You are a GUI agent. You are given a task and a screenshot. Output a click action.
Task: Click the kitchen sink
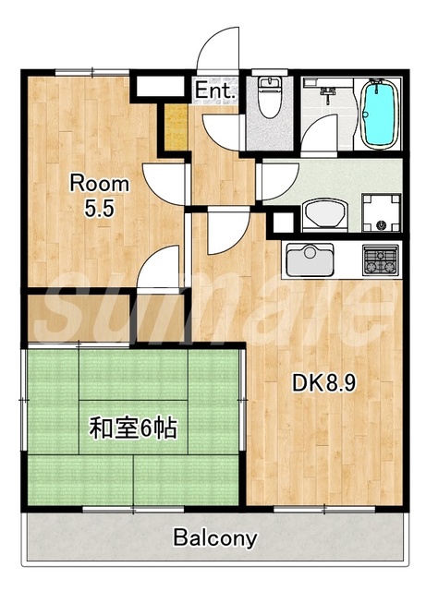[x=309, y=259]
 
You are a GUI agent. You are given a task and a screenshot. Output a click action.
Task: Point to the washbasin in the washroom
[x=323, y=214]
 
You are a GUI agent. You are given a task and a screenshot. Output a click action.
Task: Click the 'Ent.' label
[x=215, y=90]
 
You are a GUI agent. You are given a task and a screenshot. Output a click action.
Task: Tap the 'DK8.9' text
[x=324, y=380]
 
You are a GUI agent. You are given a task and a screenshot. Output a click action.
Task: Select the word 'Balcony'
[x=215, y=538]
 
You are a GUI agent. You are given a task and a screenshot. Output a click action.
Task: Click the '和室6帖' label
[x=133, y=428]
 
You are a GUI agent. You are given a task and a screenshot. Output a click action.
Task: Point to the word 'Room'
[x=101, y=184]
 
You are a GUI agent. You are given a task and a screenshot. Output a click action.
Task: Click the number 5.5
[x=100, y=209]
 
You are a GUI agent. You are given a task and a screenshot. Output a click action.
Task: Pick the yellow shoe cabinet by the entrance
[x=175, y=128]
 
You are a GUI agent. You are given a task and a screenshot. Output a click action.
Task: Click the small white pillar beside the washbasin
[x=280, y=222]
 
